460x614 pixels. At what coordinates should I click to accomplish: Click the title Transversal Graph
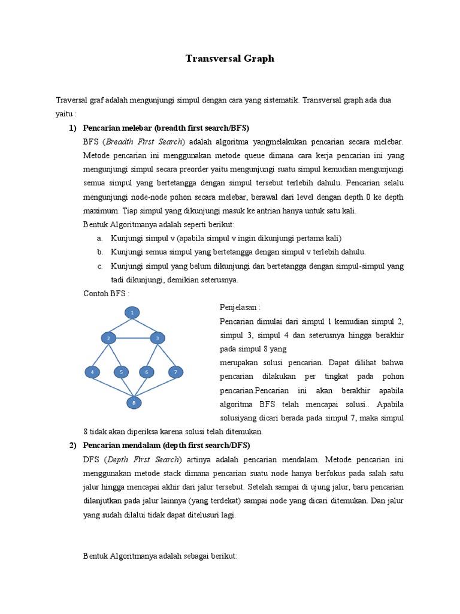(x=229, y=58)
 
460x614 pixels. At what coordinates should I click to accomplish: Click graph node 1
(x=132, y=312)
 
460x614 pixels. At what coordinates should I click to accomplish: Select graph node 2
(x=108, y=339)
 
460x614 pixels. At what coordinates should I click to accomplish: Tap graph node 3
(x=157, y=339)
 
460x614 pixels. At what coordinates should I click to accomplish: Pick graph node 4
(x=92, y=372)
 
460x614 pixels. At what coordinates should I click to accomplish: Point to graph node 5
(x=122, y=372)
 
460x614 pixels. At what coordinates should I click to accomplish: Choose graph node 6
(x=147, y=372)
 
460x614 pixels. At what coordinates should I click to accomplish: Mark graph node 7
(x=175, y=372)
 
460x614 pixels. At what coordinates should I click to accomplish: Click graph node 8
(x=134, y=402)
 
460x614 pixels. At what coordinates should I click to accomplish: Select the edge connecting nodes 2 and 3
(x=132, y=339)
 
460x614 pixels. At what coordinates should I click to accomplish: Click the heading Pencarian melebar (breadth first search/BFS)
(x=166, y=128)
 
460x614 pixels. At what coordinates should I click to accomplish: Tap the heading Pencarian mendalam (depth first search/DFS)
(x=167, y=445)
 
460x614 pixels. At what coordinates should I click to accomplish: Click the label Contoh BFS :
(x=105, y=293)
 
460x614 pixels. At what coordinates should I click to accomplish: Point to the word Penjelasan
(x=240, y=307)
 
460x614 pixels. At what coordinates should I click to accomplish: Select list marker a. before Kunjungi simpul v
(x=99, y=238)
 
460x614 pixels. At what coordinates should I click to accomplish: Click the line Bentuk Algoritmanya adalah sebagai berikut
(x=160, y=556)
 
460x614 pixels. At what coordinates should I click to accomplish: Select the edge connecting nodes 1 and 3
(x=145, y=325)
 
